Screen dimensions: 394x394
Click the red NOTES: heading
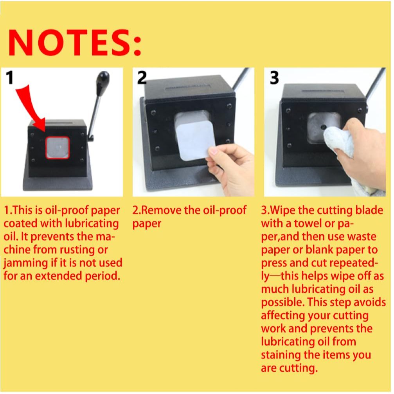pos(75,42)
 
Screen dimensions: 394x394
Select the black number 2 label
pos(142,77)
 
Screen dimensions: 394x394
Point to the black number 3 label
pos(274,77)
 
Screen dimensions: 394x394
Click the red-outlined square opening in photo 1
pos(58,148)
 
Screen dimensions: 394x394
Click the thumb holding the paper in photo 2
pos(214,150)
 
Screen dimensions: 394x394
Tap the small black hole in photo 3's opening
pos(323,128)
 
